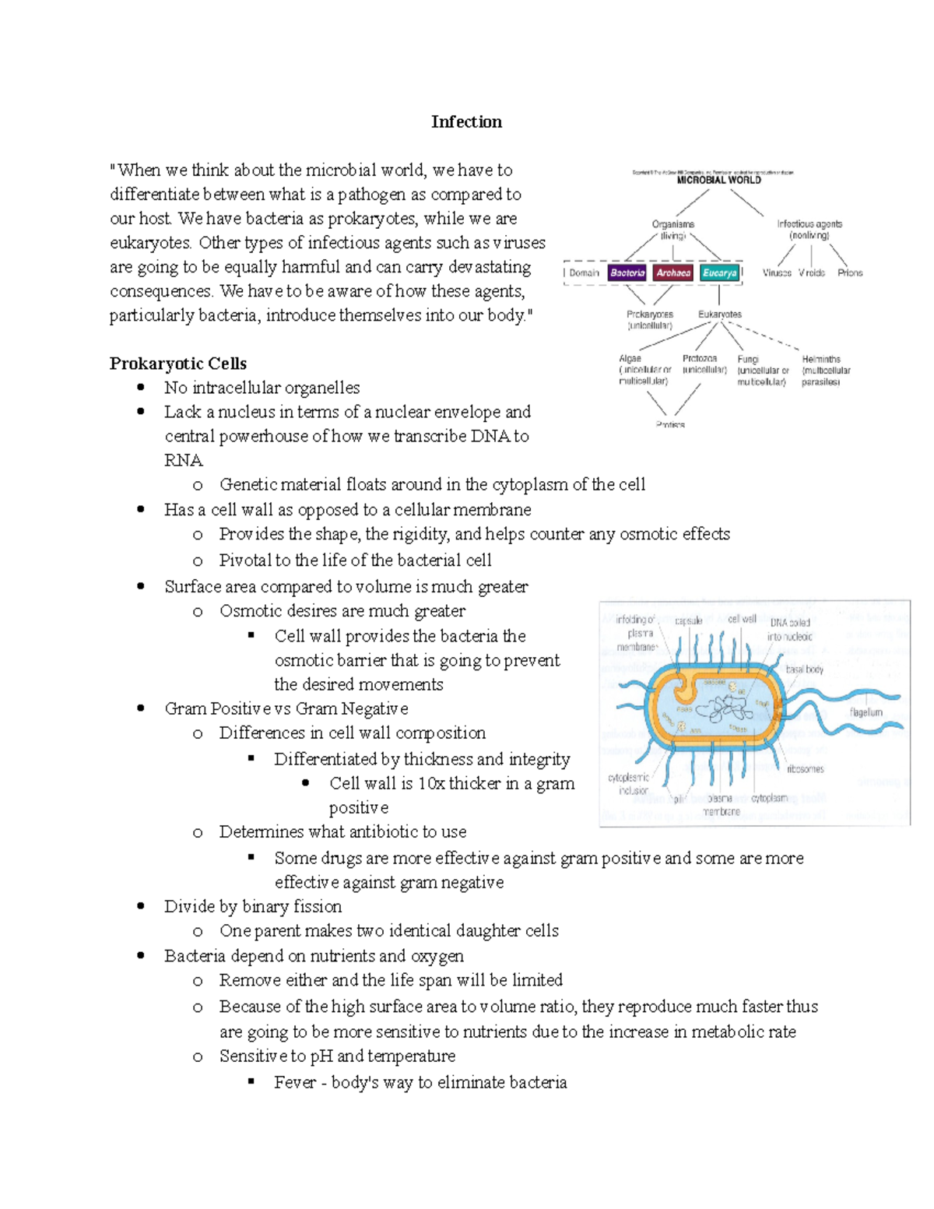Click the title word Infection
[466, 121]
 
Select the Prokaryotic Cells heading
[177, 364]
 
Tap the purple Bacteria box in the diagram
[627, 272]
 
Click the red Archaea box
[673, 272]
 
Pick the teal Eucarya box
[719, 272]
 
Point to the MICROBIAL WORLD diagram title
[718, 180]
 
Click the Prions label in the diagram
[850, 272]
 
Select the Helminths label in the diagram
[821, 359]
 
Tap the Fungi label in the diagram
[748, 359]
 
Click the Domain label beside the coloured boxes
[584, 272]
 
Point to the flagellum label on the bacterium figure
[866, 712]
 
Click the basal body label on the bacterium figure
[804, 669]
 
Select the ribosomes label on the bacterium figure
[805, 768]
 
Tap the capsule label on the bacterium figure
[688, 620]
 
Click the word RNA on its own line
[183, 460]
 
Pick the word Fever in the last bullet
[294, 1082]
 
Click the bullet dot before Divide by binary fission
[141, 906]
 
